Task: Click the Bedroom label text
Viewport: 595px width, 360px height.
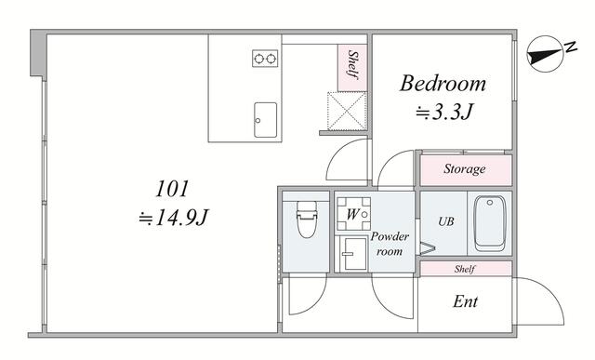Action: [x=443, y=83]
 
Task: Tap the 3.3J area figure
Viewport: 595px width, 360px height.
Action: [x=444, y=112]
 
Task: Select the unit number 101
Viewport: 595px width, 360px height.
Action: [x=172, y=189]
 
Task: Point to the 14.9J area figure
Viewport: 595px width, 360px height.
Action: [x=174, y=218]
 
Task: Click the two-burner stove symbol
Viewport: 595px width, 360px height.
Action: [x=265, y=59]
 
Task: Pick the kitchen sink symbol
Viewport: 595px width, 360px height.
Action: [x=265, y=120]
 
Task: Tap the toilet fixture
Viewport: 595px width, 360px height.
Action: [x=307, y=220]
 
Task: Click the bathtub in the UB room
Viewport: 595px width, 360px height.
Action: [x=490, y=223]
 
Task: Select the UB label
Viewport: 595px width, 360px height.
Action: [x=446, y=221]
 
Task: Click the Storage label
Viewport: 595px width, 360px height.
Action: [x=465, y=168]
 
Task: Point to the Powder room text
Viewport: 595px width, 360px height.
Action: [x=390, y=244]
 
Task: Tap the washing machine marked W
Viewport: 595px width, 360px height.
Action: [x=353, y=214]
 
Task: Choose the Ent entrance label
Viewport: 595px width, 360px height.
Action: [x=465, y=301]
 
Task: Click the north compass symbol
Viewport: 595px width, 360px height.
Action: [x=544, y=54]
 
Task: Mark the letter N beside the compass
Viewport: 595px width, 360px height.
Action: [x=570, y=47]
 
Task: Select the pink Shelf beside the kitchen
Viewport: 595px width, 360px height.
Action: [x=352, y=68]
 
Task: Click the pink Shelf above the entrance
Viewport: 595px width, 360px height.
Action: [x=466, y=269]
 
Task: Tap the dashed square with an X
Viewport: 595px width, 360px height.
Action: [x=347, y=112]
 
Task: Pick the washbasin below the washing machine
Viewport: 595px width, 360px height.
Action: [x=353, y=253]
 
